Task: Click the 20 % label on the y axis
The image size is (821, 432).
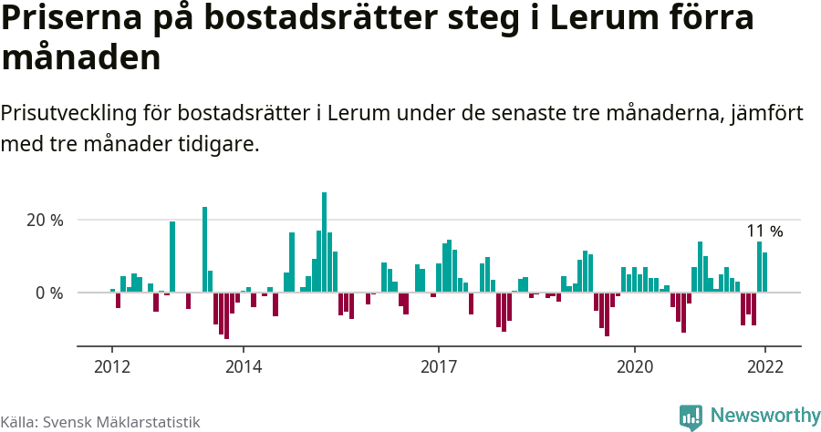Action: (x=45, y=221)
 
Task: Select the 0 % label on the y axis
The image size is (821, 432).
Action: (x=49, y=293)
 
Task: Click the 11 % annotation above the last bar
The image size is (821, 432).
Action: (x=764, y=231)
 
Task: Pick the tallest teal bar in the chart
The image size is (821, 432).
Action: (x=324, y=242)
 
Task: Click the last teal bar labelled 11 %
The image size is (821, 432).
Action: (x=764, y=273)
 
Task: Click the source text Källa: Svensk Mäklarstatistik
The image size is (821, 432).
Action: (x=100, y=422)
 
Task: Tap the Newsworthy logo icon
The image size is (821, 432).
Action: (x=691, y=417)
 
